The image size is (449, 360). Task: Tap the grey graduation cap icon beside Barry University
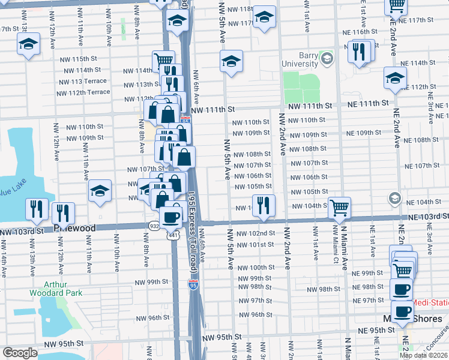click(327, 59)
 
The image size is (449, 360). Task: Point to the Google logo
click(20, 353)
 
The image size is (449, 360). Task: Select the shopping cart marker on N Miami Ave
click(340, 208)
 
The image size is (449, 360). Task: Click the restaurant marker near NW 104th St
click(263, 206)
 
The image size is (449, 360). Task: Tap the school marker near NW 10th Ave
click(100, 192)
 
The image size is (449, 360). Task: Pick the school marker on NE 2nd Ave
click(395, 79)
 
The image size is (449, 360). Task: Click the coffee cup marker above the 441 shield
click(172, 216)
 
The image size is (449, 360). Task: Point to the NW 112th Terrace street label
click(84, 92)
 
